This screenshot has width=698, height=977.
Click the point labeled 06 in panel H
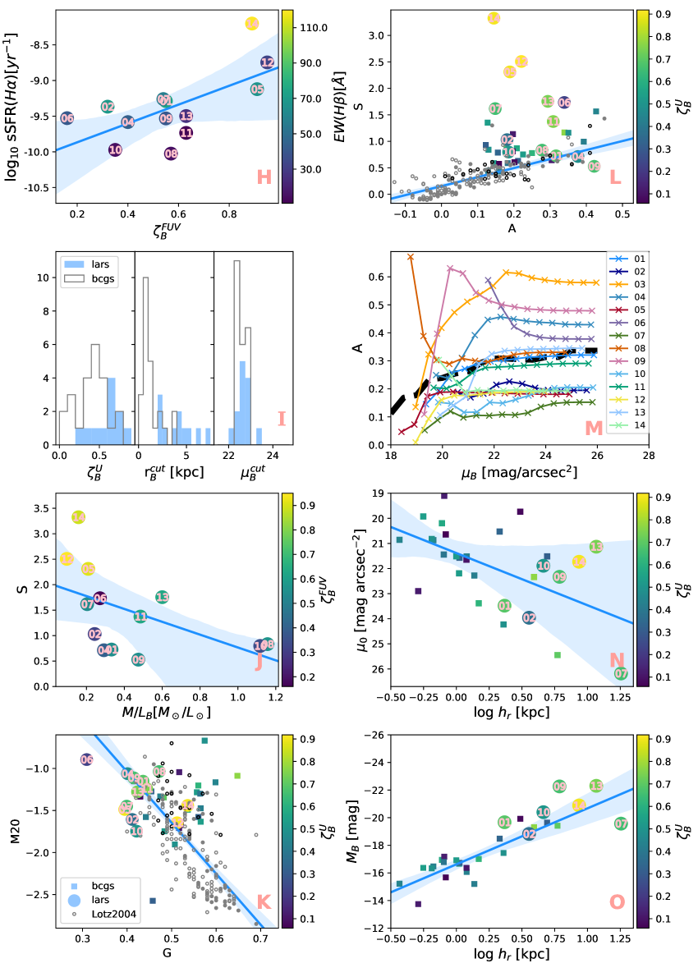tap(67, 118)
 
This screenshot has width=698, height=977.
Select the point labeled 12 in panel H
tap(268, 62)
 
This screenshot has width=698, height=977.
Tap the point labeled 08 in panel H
tap(171, 154)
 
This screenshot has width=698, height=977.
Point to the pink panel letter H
tap(264, 177)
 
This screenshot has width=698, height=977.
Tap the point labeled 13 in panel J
tap(163, 597)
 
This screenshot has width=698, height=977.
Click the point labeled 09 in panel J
tap(138, 659)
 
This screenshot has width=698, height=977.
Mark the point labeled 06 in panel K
tap(86, 759)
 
